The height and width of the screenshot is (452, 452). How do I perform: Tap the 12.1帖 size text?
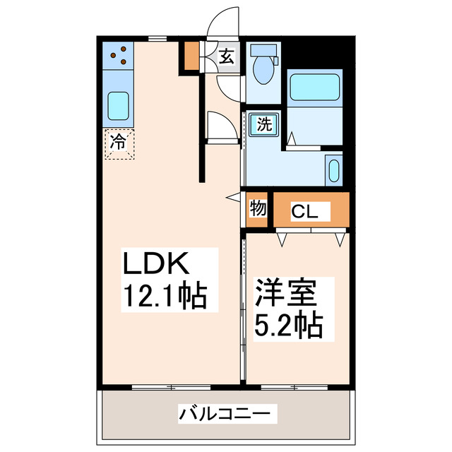166,295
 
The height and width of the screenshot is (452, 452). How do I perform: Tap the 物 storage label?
258,209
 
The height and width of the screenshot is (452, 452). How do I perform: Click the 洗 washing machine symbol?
263,126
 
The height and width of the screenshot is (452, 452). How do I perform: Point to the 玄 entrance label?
226,56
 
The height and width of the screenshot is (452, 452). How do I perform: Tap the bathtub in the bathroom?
316,89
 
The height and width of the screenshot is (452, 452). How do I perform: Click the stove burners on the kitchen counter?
119,55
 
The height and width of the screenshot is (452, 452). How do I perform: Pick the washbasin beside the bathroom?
334,171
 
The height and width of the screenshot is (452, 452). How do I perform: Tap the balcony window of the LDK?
171,387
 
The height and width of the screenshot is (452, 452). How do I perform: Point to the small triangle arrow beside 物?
233,198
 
